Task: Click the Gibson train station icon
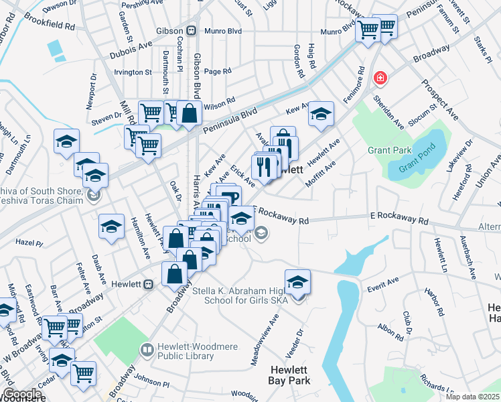pyautogui.click(x=192, y=30)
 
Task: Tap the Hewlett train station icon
pyautogui.click(x=149, y=283)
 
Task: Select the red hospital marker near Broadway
pyautogui.click(x=380, y=78)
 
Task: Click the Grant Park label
pyautogui.click(x=388, y=150)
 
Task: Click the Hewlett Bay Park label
pyautogui.click(x=290, y=375)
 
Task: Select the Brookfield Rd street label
pyautogui.click(x=52, y=25)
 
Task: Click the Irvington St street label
pyautogui.click(x=133, y=72)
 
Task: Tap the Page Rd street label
pyautogui.click(x=218, y=71)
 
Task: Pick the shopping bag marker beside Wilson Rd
pyautogui.click(x=190, y=112)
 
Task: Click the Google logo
pyautogui.click(x=22, y=394)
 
